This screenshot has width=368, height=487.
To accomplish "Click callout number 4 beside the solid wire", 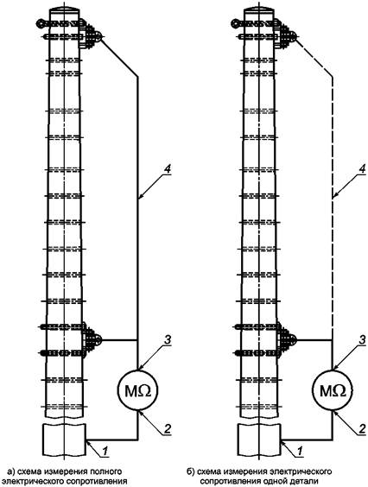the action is point(168,169).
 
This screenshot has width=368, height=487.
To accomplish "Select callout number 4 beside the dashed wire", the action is point(362,169).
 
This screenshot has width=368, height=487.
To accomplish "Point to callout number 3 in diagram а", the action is point(168,340).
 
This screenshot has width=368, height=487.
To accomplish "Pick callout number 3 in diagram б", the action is point(362,340).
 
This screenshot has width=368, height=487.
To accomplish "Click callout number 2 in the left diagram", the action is point(167,428).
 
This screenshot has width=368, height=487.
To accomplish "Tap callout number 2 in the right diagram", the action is point(362,428).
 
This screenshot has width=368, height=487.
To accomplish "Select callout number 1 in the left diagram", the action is point(105,451).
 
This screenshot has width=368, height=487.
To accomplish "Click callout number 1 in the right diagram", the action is point(301,451).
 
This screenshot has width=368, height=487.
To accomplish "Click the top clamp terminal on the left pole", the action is point(90,35).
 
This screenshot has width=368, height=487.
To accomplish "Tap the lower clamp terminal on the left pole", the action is point(92,340).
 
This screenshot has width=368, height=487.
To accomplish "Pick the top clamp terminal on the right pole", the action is point(285,35).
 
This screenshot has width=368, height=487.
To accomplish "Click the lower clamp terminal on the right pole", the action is point(287,340).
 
